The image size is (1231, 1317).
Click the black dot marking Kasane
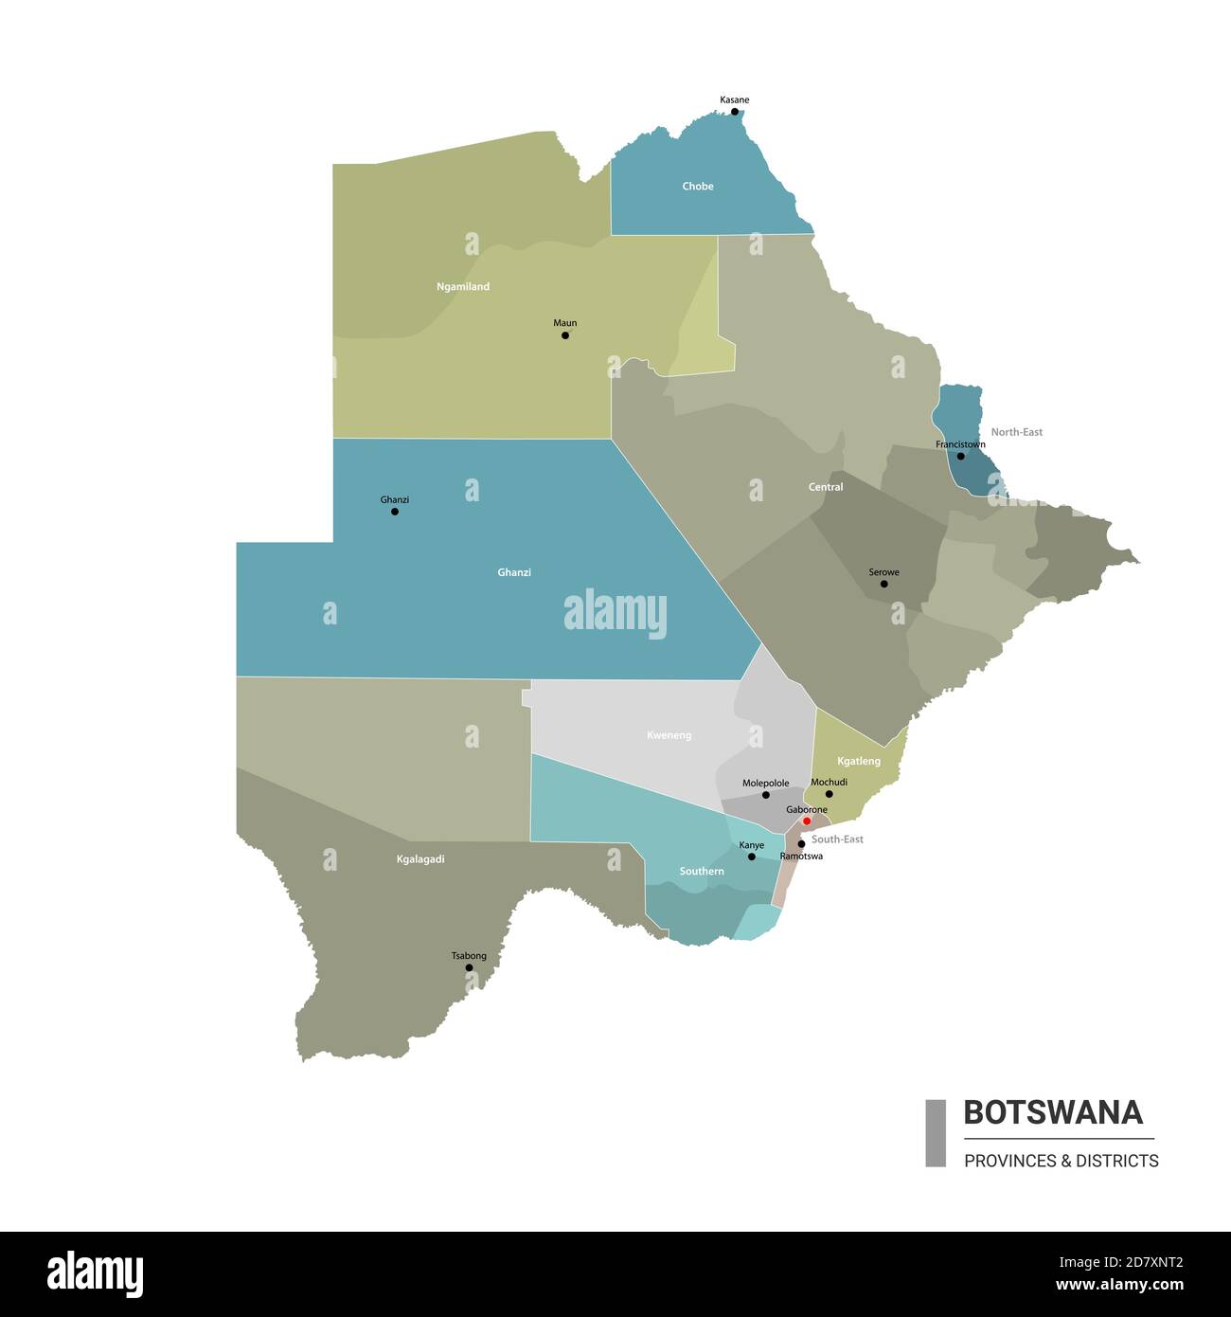[x=734, y=112]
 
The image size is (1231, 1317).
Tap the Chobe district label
[x=698, y=187]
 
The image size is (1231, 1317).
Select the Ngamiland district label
[x=463, y=286]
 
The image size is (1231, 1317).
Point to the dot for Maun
[x=565, y=335]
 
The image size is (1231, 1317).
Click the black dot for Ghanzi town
[x=395, y=512]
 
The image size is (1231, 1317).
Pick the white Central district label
[x=826, y=487]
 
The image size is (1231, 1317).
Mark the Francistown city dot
[x=960, y=457]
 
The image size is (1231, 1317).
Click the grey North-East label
[x=1016, y=432]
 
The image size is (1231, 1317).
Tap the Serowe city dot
[x=884, y=584]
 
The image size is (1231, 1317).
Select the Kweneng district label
[x=669, y=735]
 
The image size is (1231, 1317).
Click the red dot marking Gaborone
[x=807, y=821]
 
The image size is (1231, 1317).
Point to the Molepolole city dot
[x=766, y=795]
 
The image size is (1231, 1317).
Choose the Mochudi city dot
[x=829, y=794]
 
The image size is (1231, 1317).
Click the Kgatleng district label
[x=859, y=761]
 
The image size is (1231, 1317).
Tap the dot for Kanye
[x=752, y=857]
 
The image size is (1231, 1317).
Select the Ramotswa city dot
[x=801, y=844]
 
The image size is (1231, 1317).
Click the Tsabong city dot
[x=469, y=967]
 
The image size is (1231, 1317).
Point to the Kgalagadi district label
[x=420, y=859]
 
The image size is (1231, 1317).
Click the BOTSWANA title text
[x=1053, y=1112]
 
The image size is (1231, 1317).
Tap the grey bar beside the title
[x=936, y=1132]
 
